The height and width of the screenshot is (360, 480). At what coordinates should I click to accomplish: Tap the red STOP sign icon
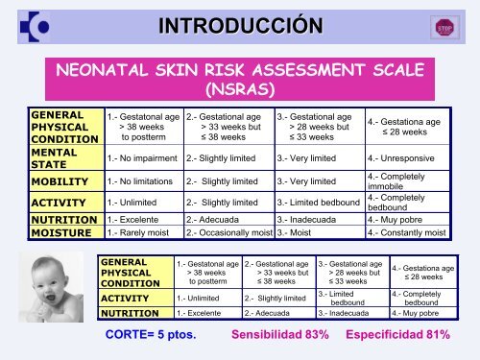pos(444,25)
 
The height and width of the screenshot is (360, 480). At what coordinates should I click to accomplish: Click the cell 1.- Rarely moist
pos(143,231)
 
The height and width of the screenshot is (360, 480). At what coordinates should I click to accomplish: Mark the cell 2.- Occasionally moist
pos(228,231)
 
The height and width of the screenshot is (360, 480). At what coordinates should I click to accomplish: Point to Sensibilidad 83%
pos(279,336)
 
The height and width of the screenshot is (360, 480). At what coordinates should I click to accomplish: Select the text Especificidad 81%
pos(398,336)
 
